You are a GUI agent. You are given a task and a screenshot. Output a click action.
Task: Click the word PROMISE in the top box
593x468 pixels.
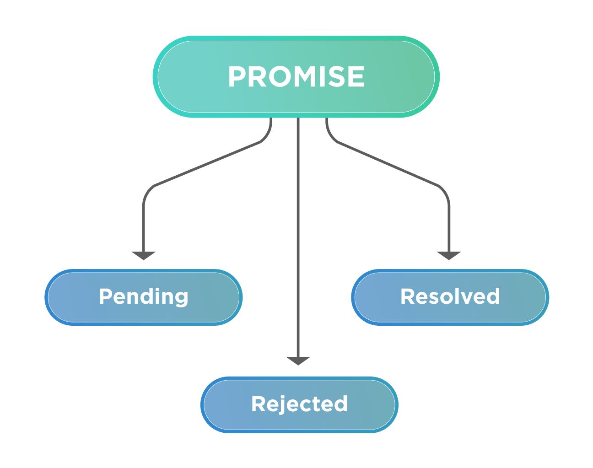pyautogui.click(x=296, y=76)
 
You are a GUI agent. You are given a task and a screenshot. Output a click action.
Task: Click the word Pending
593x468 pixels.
pyautogui.click(x=144, y=296)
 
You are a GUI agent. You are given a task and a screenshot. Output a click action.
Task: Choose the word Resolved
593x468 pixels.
pyautogui.click(x=450, y=296)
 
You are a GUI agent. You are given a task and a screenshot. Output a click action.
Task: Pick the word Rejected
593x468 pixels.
pyautogui.click(x=299, y=404)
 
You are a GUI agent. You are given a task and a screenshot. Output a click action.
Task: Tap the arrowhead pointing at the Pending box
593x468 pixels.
pyautogui.click(x=144, y=255)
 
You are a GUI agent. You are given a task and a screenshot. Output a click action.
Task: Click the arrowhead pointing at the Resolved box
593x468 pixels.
pyautogui.click(x=449, y=255)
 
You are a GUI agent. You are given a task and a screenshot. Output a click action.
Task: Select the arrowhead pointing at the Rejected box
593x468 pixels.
pyautogui.click(x=298, y=360)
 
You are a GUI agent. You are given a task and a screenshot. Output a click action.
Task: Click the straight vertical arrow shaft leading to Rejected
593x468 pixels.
pyautogui.click(x=298, y=229)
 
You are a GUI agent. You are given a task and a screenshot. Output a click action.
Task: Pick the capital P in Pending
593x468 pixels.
pyautogui.click(x=106, y=296)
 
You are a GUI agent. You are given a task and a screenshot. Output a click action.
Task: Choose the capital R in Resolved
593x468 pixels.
pyautogui.click(x=408, y=296)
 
